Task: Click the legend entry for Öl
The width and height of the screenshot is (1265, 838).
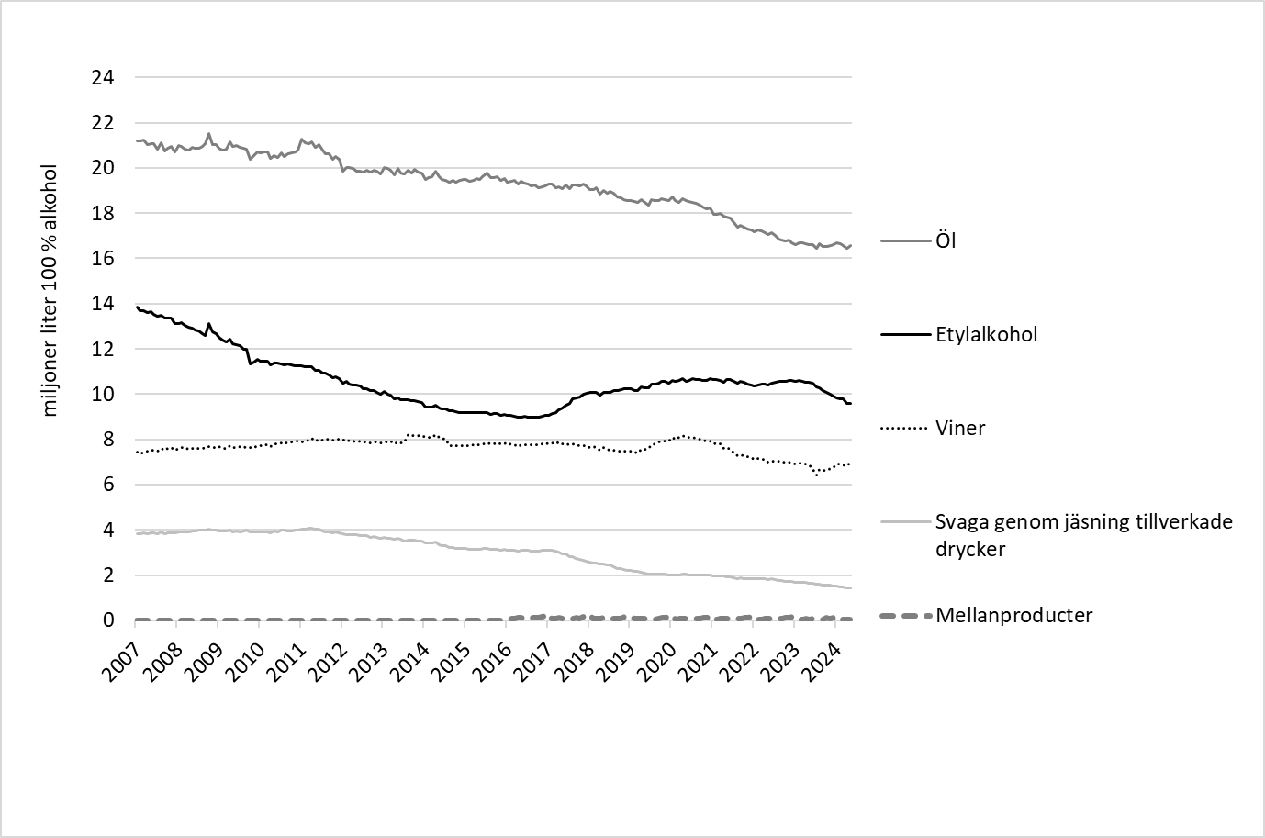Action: coord(946,242)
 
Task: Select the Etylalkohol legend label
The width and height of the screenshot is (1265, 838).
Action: coord(986,334)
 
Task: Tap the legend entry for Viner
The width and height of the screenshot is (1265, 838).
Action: coord(960,428)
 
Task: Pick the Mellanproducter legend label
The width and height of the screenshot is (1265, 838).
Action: coord(1013,615)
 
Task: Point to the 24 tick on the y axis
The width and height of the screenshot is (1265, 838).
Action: coord(103,77)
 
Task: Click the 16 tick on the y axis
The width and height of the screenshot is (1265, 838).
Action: coord(103,259)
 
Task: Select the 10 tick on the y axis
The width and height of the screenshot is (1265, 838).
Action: coord(103,395)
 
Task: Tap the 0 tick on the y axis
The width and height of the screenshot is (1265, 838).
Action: coord(108,621)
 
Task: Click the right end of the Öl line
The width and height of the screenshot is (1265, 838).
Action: coord(851,245)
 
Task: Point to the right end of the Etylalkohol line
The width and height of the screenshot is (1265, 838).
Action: coord(851,404)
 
